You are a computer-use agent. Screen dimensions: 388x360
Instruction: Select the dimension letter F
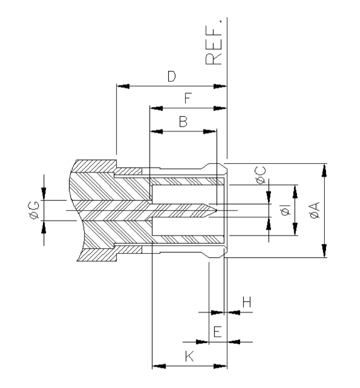tap(187, 99)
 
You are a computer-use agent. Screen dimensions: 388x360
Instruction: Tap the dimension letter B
tap(183, 122)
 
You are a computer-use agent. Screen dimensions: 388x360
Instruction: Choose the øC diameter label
tap(260, 176)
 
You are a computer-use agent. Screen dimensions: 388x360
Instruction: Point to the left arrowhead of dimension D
tap(123, 86)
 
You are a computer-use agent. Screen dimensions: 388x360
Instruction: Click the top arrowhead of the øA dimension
tap(325, 169)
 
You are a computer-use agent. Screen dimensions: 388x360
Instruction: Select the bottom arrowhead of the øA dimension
tap(325, 252)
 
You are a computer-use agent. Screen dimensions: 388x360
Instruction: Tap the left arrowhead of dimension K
tap(159, 367)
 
